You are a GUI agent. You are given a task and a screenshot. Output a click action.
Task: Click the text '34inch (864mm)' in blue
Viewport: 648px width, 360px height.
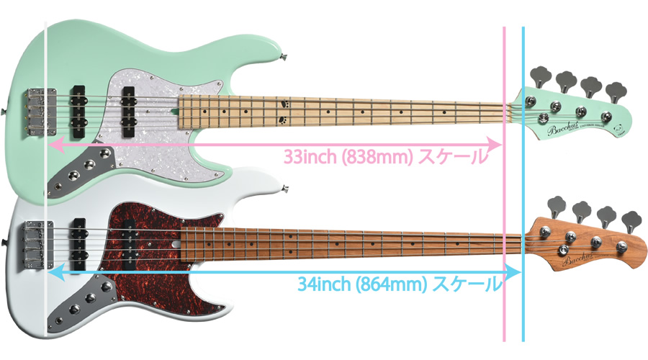point(361,284)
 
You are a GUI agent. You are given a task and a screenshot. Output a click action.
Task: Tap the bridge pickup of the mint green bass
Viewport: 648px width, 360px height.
point(78,104)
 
